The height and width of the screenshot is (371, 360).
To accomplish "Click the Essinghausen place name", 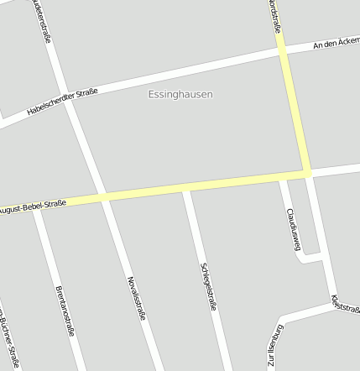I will coord(180,95).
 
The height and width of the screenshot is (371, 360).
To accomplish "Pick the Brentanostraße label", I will coord(64,311).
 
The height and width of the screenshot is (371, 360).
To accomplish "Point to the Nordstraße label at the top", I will coord(274,17).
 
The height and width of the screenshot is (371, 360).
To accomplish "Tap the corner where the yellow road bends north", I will coord(307,173).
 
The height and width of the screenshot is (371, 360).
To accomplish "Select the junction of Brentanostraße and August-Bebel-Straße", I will coord(36,205).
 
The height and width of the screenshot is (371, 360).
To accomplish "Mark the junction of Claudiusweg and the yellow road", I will coord(281,176).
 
